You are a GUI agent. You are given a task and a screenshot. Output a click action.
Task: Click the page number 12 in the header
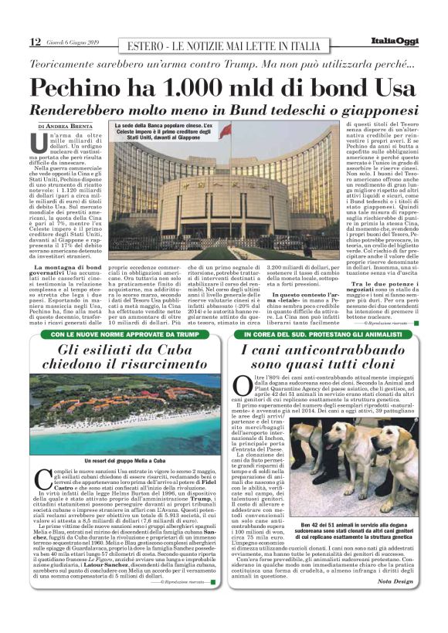[35, 42]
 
